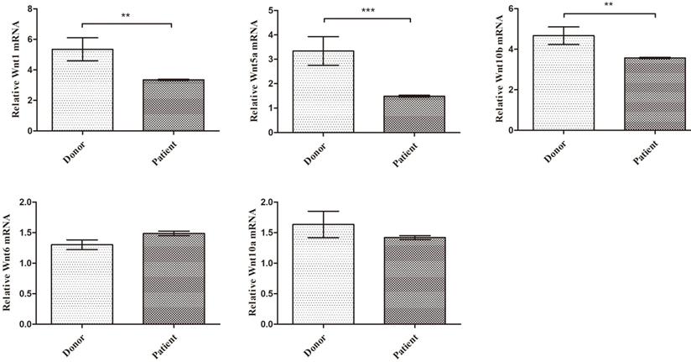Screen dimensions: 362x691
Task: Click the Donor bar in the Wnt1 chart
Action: click(82, 90)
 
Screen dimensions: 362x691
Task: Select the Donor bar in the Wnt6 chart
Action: click(82, 284)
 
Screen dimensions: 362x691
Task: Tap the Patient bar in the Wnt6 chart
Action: click(174, 279)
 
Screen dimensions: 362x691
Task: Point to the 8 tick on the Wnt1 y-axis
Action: click(31, 9)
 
